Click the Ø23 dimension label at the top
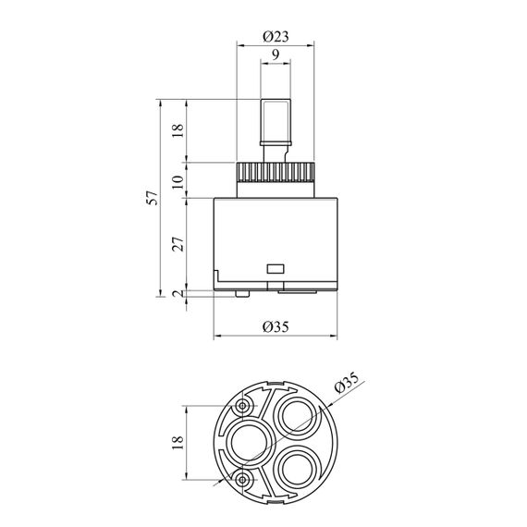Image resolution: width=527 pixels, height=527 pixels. coord(276,36)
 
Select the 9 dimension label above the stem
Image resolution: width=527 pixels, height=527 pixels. coord(276,55)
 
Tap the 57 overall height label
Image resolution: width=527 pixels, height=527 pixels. coord(153,198)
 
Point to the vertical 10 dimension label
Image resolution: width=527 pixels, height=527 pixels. coord(178,182)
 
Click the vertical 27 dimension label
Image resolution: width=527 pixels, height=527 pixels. coord(178,244)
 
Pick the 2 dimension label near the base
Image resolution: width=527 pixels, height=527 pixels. coord(178,293)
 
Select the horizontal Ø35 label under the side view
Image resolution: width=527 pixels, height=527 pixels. coord(276,326)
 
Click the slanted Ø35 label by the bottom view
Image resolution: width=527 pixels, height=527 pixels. coord(347,382)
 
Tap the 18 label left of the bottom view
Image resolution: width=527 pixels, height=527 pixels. coord(178,443)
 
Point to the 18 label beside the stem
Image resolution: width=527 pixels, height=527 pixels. coord(178,130)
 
